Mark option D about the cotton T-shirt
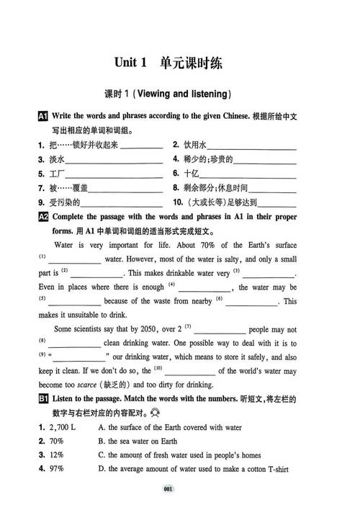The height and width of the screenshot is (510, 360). point(198,469)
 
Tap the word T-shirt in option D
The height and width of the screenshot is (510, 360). point(274,469)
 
